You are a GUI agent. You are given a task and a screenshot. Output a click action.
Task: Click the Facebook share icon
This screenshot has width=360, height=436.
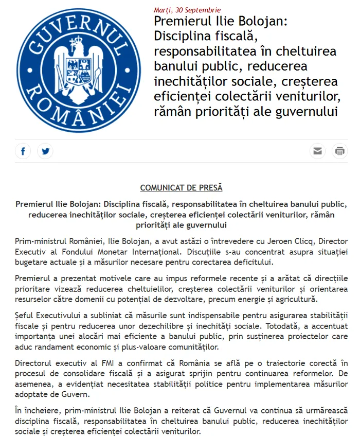pos(23,151)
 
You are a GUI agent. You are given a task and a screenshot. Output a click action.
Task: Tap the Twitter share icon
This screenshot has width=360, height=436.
pos(45,151)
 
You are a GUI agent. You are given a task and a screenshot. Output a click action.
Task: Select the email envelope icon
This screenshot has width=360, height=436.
pos(318,151)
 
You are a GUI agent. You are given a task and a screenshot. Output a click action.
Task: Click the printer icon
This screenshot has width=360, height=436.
pos(339,151)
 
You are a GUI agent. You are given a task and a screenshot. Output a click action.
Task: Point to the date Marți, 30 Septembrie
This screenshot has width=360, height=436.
pos(187,10)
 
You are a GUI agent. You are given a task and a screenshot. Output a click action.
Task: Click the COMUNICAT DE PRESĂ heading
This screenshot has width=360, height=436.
pos(181,188)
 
